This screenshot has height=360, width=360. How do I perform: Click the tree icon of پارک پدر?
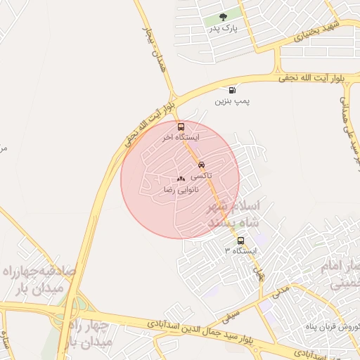(224, 18)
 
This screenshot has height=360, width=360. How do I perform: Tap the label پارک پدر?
(224, 30)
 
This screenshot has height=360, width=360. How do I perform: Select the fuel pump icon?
(233, 90)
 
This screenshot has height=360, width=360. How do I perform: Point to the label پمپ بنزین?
(233, 102)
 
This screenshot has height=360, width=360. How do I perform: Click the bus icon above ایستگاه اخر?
(181, 127)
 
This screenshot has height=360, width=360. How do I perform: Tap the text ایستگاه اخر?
(181, 138)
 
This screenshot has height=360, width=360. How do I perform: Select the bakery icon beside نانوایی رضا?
(181, 179)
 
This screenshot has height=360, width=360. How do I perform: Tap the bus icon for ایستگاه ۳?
(241, 240)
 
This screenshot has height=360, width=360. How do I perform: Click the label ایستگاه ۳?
(241, 251)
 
